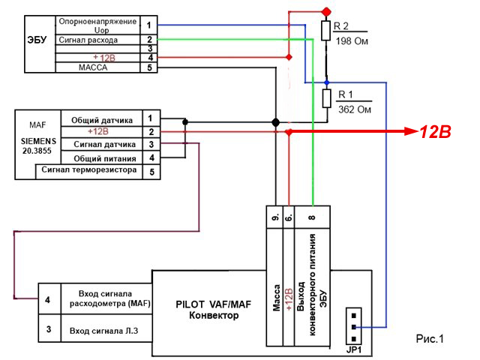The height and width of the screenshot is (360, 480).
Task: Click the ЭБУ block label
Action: pyautogui.click(x=37, y=40)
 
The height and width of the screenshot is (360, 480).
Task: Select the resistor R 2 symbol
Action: pyautogui.click(x=326, y=31)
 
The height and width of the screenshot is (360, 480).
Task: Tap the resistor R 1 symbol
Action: pyautogui.click(x=327, y=98)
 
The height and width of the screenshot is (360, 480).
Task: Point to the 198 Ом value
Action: pyautogui.click(x=352, y=41)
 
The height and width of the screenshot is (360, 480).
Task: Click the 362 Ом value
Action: pyautogui.click(x=355, y=109)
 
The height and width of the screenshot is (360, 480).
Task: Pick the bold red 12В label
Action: pyautogui.click(x=435, y=132)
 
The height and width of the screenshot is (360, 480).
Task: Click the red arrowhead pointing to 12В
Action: pyautogui.click(x=411, y=131)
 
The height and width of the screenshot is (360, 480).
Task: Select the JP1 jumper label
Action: pyautogui.click(x=353, y=349)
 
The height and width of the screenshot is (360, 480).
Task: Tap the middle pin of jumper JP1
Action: pyautogui.click(x=354, y=327)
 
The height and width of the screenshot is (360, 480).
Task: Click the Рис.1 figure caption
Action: pyautogui.click(x=430, y=338)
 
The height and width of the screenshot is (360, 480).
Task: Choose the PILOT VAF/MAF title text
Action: pyautogui.click(x=213, y=304)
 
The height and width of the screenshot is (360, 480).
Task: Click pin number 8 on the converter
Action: pyautogui.click(x=312, y=217)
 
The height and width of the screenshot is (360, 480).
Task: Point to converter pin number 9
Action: pyautogui.click(x=275, y=217)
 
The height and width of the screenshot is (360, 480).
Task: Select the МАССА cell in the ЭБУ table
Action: pyautogui.click(x=93, y=67)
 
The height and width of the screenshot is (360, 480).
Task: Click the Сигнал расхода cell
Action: pyautogui.click(x=88, y=40)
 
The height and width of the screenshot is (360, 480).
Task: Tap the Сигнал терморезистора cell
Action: pyautogui.click(x=89, y=169)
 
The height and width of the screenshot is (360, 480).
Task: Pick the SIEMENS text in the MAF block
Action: pyautogui.click(x=38, y=141)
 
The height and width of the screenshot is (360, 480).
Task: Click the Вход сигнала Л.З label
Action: pyautogui.click(x=103, y=331)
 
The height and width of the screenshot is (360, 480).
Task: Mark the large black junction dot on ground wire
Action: pyautogui.click(x=275, y=122)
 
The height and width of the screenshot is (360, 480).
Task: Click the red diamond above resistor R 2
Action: pyautogui.click(x=327, y=12)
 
